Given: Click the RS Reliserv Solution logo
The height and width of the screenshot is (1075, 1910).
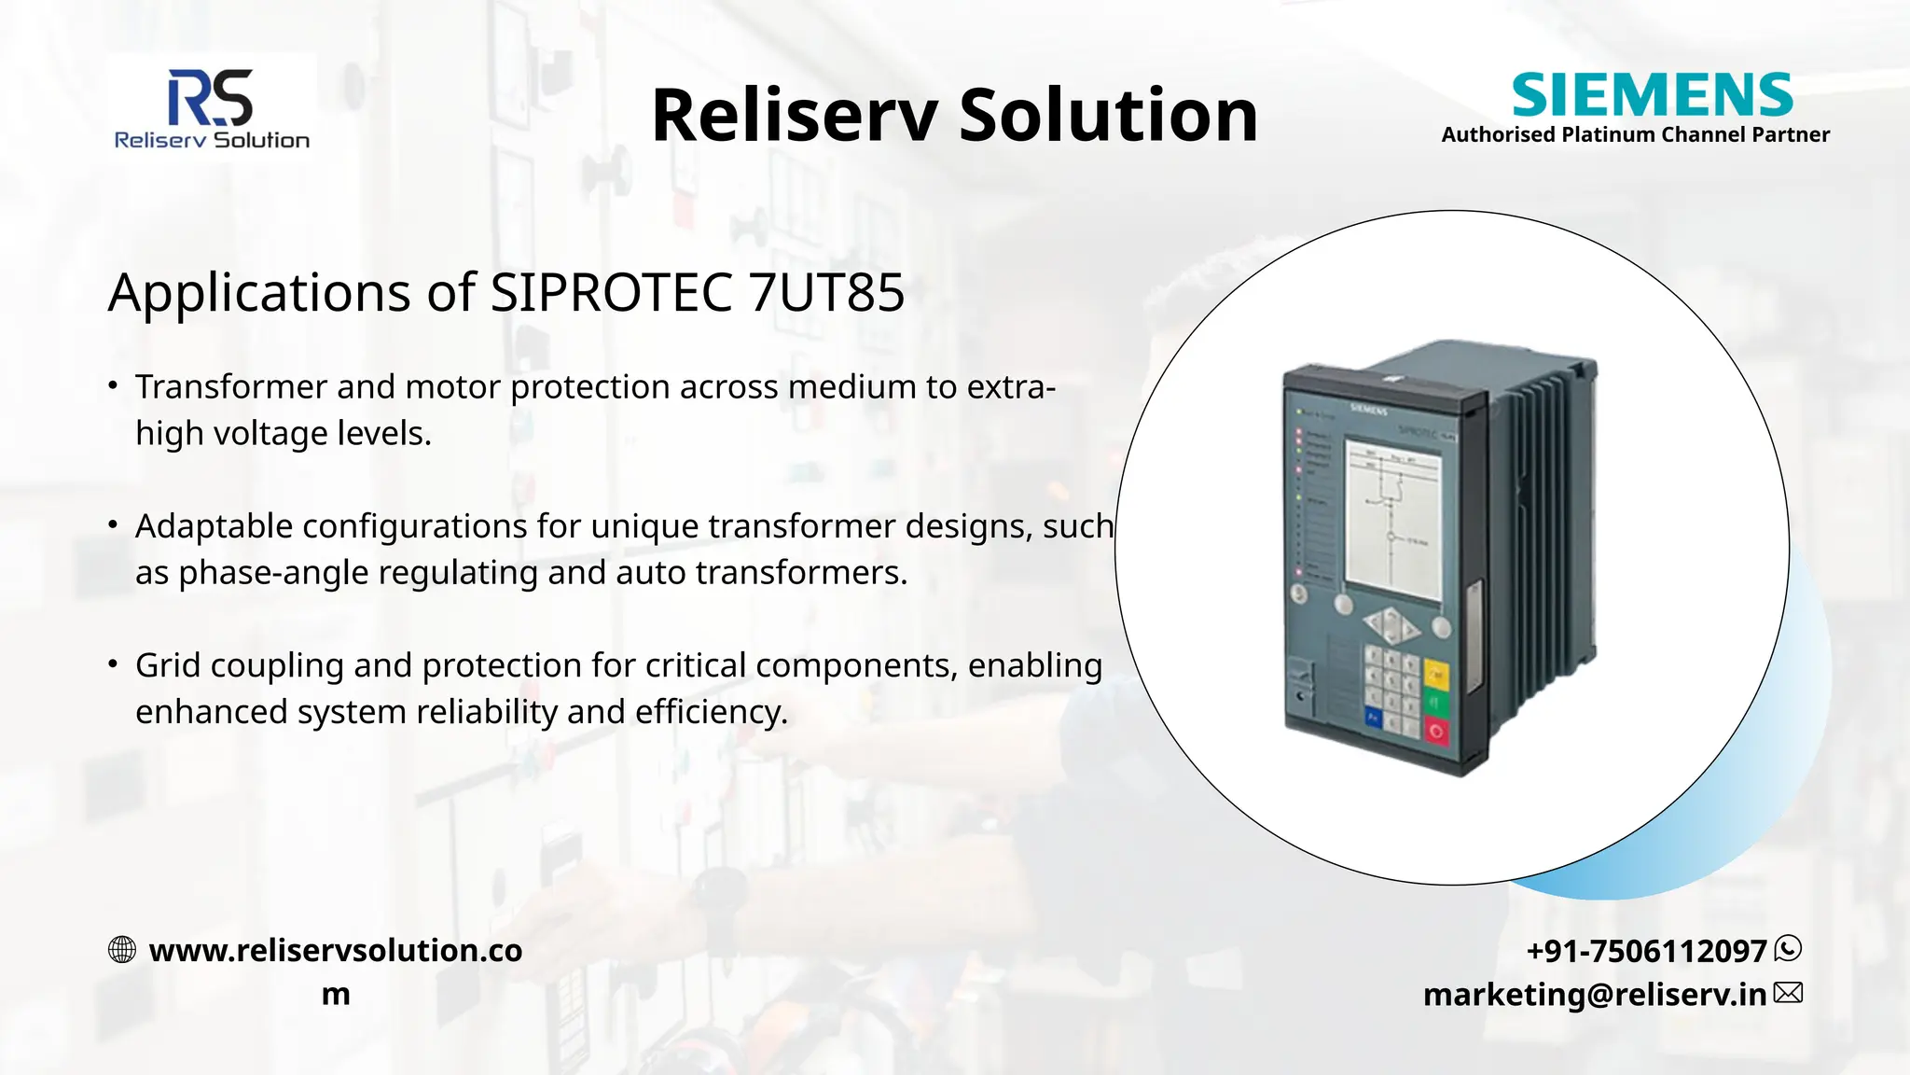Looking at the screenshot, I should tap(212, 108).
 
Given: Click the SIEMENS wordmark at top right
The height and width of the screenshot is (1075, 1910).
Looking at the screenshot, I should tap(1652, 95).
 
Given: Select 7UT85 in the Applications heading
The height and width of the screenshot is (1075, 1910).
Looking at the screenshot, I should tap(826, 293).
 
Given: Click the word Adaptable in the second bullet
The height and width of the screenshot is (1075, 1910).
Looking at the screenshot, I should tap(214, 526).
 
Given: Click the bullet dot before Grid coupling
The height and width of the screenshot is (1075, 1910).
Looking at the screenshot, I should tap(113, 664).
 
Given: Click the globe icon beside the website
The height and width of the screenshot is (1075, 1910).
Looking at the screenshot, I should tap(122, 950).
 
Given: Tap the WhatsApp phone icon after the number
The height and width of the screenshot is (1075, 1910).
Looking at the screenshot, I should tap(1788, 949).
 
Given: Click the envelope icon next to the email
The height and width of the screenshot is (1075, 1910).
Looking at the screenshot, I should tap(1788, 993).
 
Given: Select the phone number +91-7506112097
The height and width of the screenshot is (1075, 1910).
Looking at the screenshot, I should tap(1646, 951).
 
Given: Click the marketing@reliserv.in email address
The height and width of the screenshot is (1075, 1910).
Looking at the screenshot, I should tap(1594, 995).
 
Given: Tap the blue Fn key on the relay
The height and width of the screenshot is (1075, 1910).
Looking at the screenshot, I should tap(1373, 717).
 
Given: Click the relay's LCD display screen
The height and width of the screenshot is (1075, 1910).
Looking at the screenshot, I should tap(1392, 527).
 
